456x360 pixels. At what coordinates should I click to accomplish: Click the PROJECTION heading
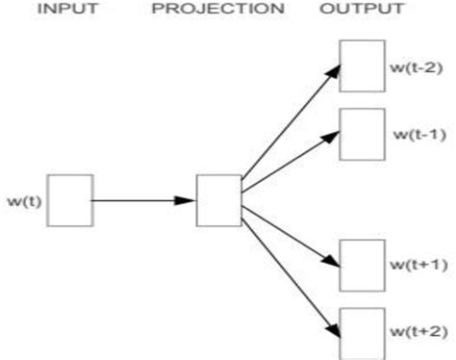tap(217, 11)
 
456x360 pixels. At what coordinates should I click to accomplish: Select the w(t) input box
tap(70, 199)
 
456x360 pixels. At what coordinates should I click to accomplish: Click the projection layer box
tap(217, 199)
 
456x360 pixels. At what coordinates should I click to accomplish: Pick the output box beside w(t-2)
tap(362, 65)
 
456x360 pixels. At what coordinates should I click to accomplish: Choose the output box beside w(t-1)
tap(362, 133)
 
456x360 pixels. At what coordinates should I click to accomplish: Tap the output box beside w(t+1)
tap(362, 264)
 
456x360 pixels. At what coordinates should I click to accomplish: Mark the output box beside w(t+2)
tap(362, 331)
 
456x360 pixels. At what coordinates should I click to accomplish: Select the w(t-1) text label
tap(416, 134)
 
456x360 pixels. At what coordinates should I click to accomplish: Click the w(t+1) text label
tap(416, 264)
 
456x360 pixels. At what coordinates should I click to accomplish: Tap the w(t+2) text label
tap(416, 331)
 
